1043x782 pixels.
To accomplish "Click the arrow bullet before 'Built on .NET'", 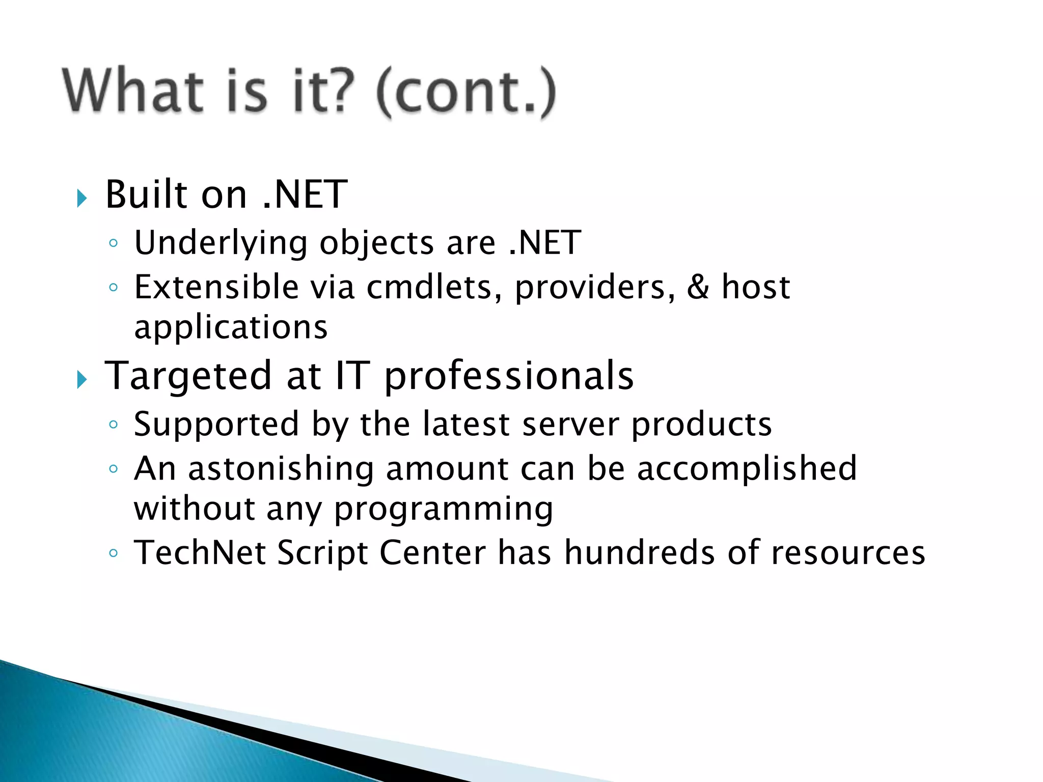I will click(82, 198).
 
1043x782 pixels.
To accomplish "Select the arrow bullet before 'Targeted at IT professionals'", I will click(82, 379).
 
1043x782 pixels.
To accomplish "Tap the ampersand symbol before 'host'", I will click(698, 287).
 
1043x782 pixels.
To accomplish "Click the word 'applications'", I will click(231, 327).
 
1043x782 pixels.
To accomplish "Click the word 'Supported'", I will click(216, 424).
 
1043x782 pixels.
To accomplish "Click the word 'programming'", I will click(444, 510).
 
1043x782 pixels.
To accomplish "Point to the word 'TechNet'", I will click(200, 553).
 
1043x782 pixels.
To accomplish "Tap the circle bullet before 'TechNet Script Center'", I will click(114, 553).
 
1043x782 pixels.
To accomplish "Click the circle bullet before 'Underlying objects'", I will click(114, 243).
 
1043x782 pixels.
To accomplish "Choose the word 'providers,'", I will click(595, 288).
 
